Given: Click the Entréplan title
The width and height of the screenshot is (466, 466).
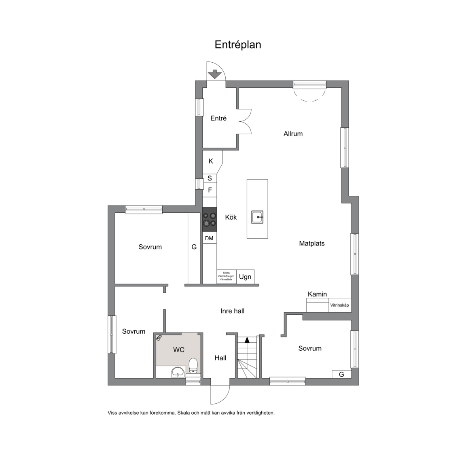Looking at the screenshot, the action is pyautogui.click(x=238, y=44).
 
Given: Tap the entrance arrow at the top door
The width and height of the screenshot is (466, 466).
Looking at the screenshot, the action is pyautogui.click(x=214, y=74).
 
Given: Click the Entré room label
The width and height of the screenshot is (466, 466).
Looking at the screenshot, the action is pyautogui.click(x=218, y=118).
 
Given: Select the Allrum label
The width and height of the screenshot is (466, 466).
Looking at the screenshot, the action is pyautogui.click(x=293, y=134).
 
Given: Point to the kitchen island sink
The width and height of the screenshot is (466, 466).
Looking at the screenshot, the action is pyautogui.click(x=257, y=217).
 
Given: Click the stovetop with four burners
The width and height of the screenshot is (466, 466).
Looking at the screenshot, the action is pyautogui.click(x=210, y=220).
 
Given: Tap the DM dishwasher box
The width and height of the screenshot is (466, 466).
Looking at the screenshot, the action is pyautogui.click(x=210, y=238).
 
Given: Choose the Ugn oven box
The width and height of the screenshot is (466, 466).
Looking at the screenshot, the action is pyautogui.click(x=245, y=277).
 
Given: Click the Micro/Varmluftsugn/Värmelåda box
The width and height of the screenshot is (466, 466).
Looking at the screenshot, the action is pyautogui.click(x=227, y=276).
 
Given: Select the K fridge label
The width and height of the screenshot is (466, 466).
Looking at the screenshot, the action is pyautogui.click(x=211, y=161).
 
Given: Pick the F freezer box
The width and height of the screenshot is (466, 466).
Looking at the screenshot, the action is pyautogui.click(x=210, y=190).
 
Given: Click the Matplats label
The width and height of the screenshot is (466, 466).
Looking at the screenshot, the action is pyautogui.click(x=312, y=244).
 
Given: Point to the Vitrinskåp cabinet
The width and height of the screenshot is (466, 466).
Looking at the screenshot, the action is pyautogui.click(x=340, y=305).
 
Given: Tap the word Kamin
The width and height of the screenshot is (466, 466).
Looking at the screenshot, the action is pyautogui.click(x=317, y=294).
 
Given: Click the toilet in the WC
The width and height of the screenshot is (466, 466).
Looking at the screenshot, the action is pyautogui.click(x=193, y=366).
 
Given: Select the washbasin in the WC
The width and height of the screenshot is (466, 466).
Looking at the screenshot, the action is pyautogui.click(x=178, y=372).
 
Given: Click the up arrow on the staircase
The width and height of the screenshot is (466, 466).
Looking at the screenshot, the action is pyautogui.click(x=247, y=340).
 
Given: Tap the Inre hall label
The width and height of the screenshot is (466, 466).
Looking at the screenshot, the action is pyautogui.click(x=233, y=311).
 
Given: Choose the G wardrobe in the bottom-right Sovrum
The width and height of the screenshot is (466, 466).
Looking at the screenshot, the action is pyautogui.click(x=341, y=374).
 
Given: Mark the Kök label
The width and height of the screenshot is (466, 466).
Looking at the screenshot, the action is pyautogui.click(x=231, y=217).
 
